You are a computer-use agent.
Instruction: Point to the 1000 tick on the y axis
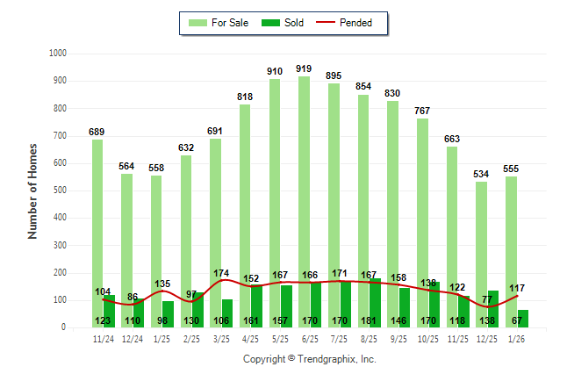point(59,54)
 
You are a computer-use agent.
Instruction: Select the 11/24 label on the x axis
point(103,338)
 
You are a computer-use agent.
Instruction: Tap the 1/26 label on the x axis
point(516,338)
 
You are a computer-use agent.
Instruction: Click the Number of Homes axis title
point(32,190)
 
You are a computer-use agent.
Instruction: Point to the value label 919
point(304,68)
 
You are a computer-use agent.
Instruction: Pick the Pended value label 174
point(221,273)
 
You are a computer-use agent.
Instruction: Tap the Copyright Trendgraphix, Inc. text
point(309,359)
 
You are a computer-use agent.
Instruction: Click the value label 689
point(97,132)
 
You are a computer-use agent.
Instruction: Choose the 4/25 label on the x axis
point(250,338)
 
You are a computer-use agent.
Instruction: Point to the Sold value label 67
point(518,321)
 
